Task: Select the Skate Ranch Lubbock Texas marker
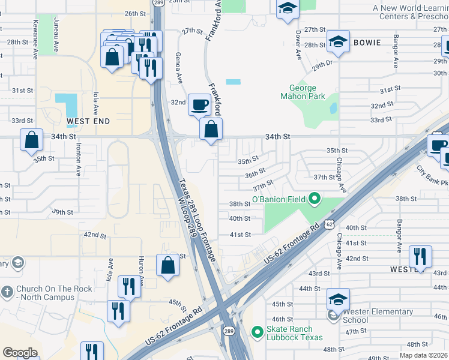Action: pos(258,331)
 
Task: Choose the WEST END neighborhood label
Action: pos(88,121)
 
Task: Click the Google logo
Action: pos(20,353)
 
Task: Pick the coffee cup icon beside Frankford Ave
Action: pos(200,105)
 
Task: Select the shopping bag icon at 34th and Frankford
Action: pos(211,129)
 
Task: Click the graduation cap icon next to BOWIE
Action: pos(338,42)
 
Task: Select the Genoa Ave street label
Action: pos(179,71)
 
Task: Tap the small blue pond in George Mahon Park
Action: pos(333,108)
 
